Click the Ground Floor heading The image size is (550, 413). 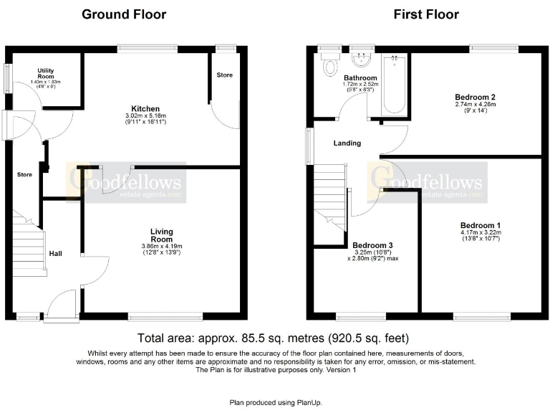[x=124, y=14]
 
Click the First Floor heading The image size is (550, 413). [x=426, y=14]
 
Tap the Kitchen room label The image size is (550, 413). [x=145, y=108]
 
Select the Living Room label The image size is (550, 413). [x=161, y=235]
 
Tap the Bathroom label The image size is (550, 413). [x=360, y=77]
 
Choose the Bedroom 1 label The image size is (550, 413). [x=481, y=223]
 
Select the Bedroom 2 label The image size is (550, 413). [x=476, y=97]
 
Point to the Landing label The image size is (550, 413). [x=347, y=143]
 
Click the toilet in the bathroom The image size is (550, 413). [x=330, y=67]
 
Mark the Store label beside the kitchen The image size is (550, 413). [x=225, y=75]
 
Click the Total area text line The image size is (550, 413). [x=274, y=338]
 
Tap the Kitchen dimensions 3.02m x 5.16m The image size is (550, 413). [x=145, y=115]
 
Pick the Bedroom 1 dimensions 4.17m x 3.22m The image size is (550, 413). [x=481, y=232]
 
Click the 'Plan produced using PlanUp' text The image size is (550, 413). [x=274, y=402]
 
